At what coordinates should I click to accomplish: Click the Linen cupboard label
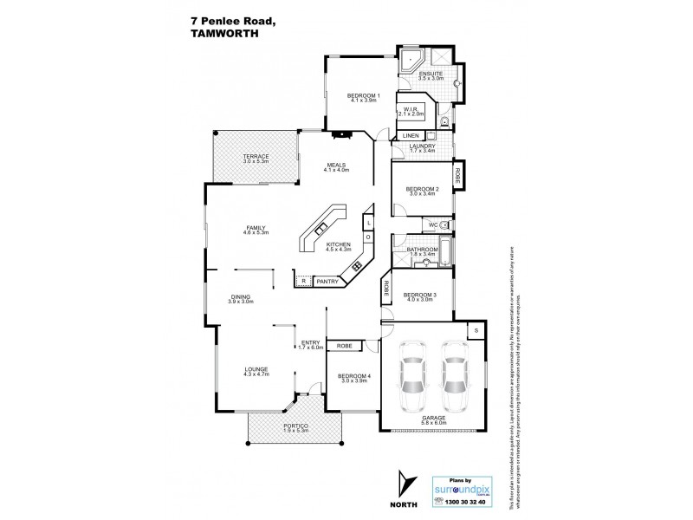(x=411, y=136)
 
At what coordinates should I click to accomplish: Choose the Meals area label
(x=337, y=166)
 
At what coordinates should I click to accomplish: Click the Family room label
(x=255, y=230)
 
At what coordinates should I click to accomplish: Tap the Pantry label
(x=327, y=281)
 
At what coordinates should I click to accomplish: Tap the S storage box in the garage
(x=476, y=330)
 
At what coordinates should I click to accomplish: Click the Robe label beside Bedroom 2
(x=459, y=174)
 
